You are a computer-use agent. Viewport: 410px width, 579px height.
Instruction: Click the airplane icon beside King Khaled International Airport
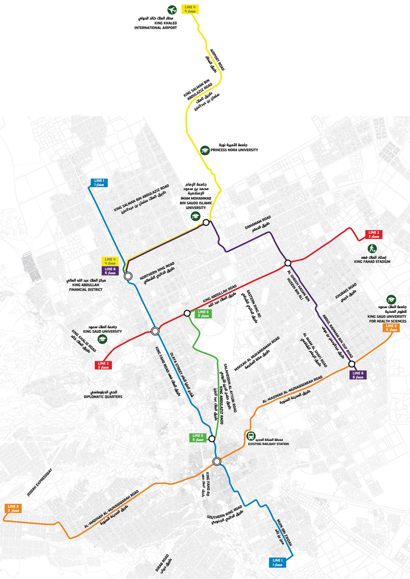pos(172,10)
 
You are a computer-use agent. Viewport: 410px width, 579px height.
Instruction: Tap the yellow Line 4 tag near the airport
pos(190,9)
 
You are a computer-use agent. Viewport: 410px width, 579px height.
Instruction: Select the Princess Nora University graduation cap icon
pos(205,150)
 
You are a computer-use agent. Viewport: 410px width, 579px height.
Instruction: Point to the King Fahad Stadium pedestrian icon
pos(372,248)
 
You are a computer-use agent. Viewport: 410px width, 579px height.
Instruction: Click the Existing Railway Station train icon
pos(251,436)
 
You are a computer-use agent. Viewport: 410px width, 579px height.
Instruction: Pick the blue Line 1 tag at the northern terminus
pos(99,183)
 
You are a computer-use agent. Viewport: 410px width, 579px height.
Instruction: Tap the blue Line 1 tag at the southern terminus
pos(278,562)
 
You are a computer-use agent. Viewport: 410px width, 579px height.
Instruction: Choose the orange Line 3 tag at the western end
pos(13,508)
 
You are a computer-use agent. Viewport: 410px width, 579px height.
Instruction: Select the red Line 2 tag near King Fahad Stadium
pos(374,234)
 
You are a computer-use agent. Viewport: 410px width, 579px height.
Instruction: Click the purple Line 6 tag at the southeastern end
pos(358,375)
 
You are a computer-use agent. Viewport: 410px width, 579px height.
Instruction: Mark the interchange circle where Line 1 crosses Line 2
pos(155,331)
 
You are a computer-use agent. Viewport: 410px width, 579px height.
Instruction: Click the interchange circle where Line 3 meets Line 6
pos(351,364)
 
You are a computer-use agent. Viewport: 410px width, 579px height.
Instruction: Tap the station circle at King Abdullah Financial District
pos(128,276)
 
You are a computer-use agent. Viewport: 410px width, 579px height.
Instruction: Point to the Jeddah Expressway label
pos(40,483)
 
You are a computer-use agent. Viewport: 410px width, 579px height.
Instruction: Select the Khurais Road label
pos(347,292)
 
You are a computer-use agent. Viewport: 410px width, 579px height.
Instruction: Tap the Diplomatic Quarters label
pos(103,394)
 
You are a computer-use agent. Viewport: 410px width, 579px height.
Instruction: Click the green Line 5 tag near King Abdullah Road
pos(203,314)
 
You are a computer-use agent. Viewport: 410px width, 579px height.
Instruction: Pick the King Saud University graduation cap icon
pos(102,339)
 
